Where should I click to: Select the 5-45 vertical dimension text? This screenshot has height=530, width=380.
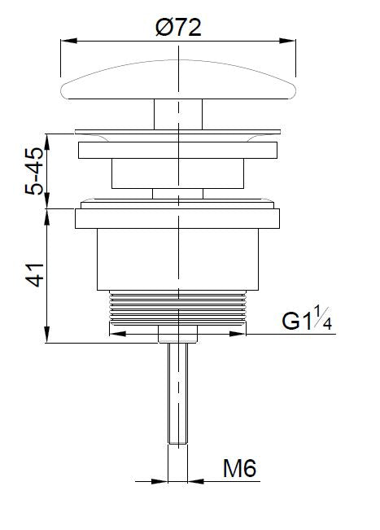pos(34,169)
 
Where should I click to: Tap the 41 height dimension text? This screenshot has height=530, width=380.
pos(34,275)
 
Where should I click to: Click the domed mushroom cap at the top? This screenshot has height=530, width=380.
pos(177,82)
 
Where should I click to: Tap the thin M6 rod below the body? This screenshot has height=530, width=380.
pos(177,391)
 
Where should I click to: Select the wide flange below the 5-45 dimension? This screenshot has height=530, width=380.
pos(177,218)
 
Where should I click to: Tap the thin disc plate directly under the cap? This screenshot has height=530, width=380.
pos(177,129)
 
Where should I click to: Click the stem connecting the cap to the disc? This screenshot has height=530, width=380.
pos(177,112)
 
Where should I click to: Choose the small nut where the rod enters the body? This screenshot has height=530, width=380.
pos(177,334)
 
